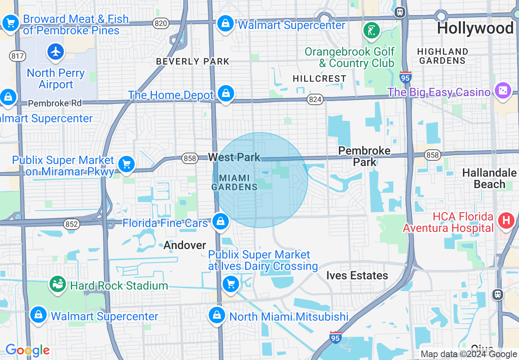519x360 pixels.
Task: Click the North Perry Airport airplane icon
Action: tap(56, 52)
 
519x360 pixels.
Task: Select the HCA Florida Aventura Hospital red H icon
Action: tap(506, 221)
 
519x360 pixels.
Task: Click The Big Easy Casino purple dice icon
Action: tap(503, 91)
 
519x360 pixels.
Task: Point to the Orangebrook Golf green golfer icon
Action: tap(371, 31)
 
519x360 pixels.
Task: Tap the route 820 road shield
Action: tap(161, 23)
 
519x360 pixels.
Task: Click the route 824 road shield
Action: tap(316, 99)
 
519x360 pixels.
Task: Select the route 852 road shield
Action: tap(71, 224)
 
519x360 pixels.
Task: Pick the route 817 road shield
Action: tap(17, 56)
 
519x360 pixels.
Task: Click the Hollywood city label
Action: tap(475, 28)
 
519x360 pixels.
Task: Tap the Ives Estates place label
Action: tap(357, 275)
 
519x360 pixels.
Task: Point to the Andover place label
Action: tap(185, 245)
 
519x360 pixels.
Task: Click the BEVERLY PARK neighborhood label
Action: tap(193, 62)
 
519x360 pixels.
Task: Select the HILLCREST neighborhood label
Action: tap(320, 79)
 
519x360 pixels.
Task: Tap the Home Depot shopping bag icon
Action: tap(226, 93)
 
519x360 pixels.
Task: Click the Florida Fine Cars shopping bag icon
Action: tap(221, 222)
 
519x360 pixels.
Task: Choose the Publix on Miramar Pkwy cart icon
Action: tap(126, 164)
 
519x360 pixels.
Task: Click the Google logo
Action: tap(27, 350)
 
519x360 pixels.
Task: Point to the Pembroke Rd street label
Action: tap(55, 103)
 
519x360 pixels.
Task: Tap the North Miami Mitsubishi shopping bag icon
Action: tap(217, 315)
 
